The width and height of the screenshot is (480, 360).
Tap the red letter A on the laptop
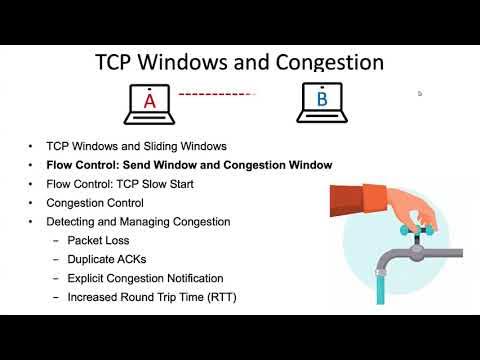(x=149, y=101)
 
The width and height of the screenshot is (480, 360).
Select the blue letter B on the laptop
(x=322, y=100)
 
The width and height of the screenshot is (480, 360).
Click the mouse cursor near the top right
(x=420, y=93)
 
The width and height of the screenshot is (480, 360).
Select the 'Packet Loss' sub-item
(x=97, y=241)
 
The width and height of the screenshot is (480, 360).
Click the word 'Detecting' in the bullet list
(x=71, y=221)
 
